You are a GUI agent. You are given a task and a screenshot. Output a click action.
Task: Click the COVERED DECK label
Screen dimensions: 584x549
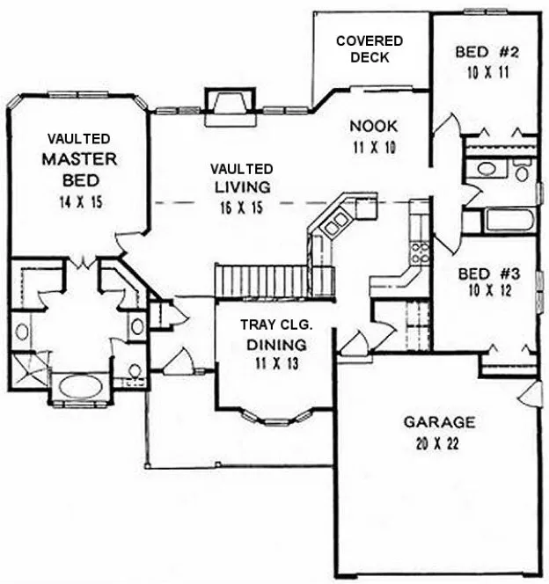click(x=369, y=49)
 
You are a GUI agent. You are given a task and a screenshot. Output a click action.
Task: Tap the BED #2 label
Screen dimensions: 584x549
click(x=487, y=52)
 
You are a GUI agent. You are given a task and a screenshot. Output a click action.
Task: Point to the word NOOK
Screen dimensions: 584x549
click(x=367, y=126)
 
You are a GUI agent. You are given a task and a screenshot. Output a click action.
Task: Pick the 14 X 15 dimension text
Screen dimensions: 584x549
click(x=79, y=201)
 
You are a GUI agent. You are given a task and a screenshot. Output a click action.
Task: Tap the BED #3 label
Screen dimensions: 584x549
click(x=489, y=274)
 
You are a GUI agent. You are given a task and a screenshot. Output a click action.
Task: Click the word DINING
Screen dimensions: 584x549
click(x=276, y=344)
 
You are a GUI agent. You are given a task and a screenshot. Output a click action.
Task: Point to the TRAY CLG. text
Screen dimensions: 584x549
click(x=276, y=325)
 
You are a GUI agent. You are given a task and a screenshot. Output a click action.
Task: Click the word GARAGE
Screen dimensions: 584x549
click(x=440, y=421)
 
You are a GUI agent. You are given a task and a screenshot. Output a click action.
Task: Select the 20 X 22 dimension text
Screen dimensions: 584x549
click(x=440, y=442)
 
